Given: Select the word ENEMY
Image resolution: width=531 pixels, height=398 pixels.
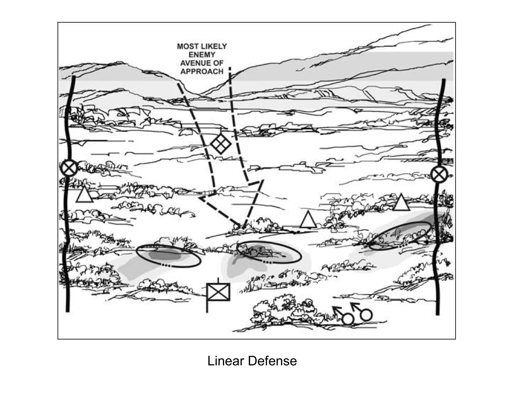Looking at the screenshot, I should tap(202, 55).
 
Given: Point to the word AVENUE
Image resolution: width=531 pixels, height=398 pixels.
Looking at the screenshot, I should tap(193, 63).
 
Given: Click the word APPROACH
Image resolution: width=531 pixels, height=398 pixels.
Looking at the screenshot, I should tap(202, 72).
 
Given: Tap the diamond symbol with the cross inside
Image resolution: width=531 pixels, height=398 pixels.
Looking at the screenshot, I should tap(220, 144).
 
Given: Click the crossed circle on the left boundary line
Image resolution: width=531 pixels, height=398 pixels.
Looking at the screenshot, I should tap(69, 168).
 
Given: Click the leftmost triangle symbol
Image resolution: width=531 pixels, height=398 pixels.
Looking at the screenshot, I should tap(85, 195).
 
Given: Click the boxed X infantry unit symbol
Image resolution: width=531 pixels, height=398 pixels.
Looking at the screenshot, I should tap(218, 292).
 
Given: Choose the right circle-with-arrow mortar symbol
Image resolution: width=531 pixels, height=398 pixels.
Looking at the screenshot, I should tap(366, 314).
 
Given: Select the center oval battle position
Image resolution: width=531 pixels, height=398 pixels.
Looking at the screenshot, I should tap(269, 252).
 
